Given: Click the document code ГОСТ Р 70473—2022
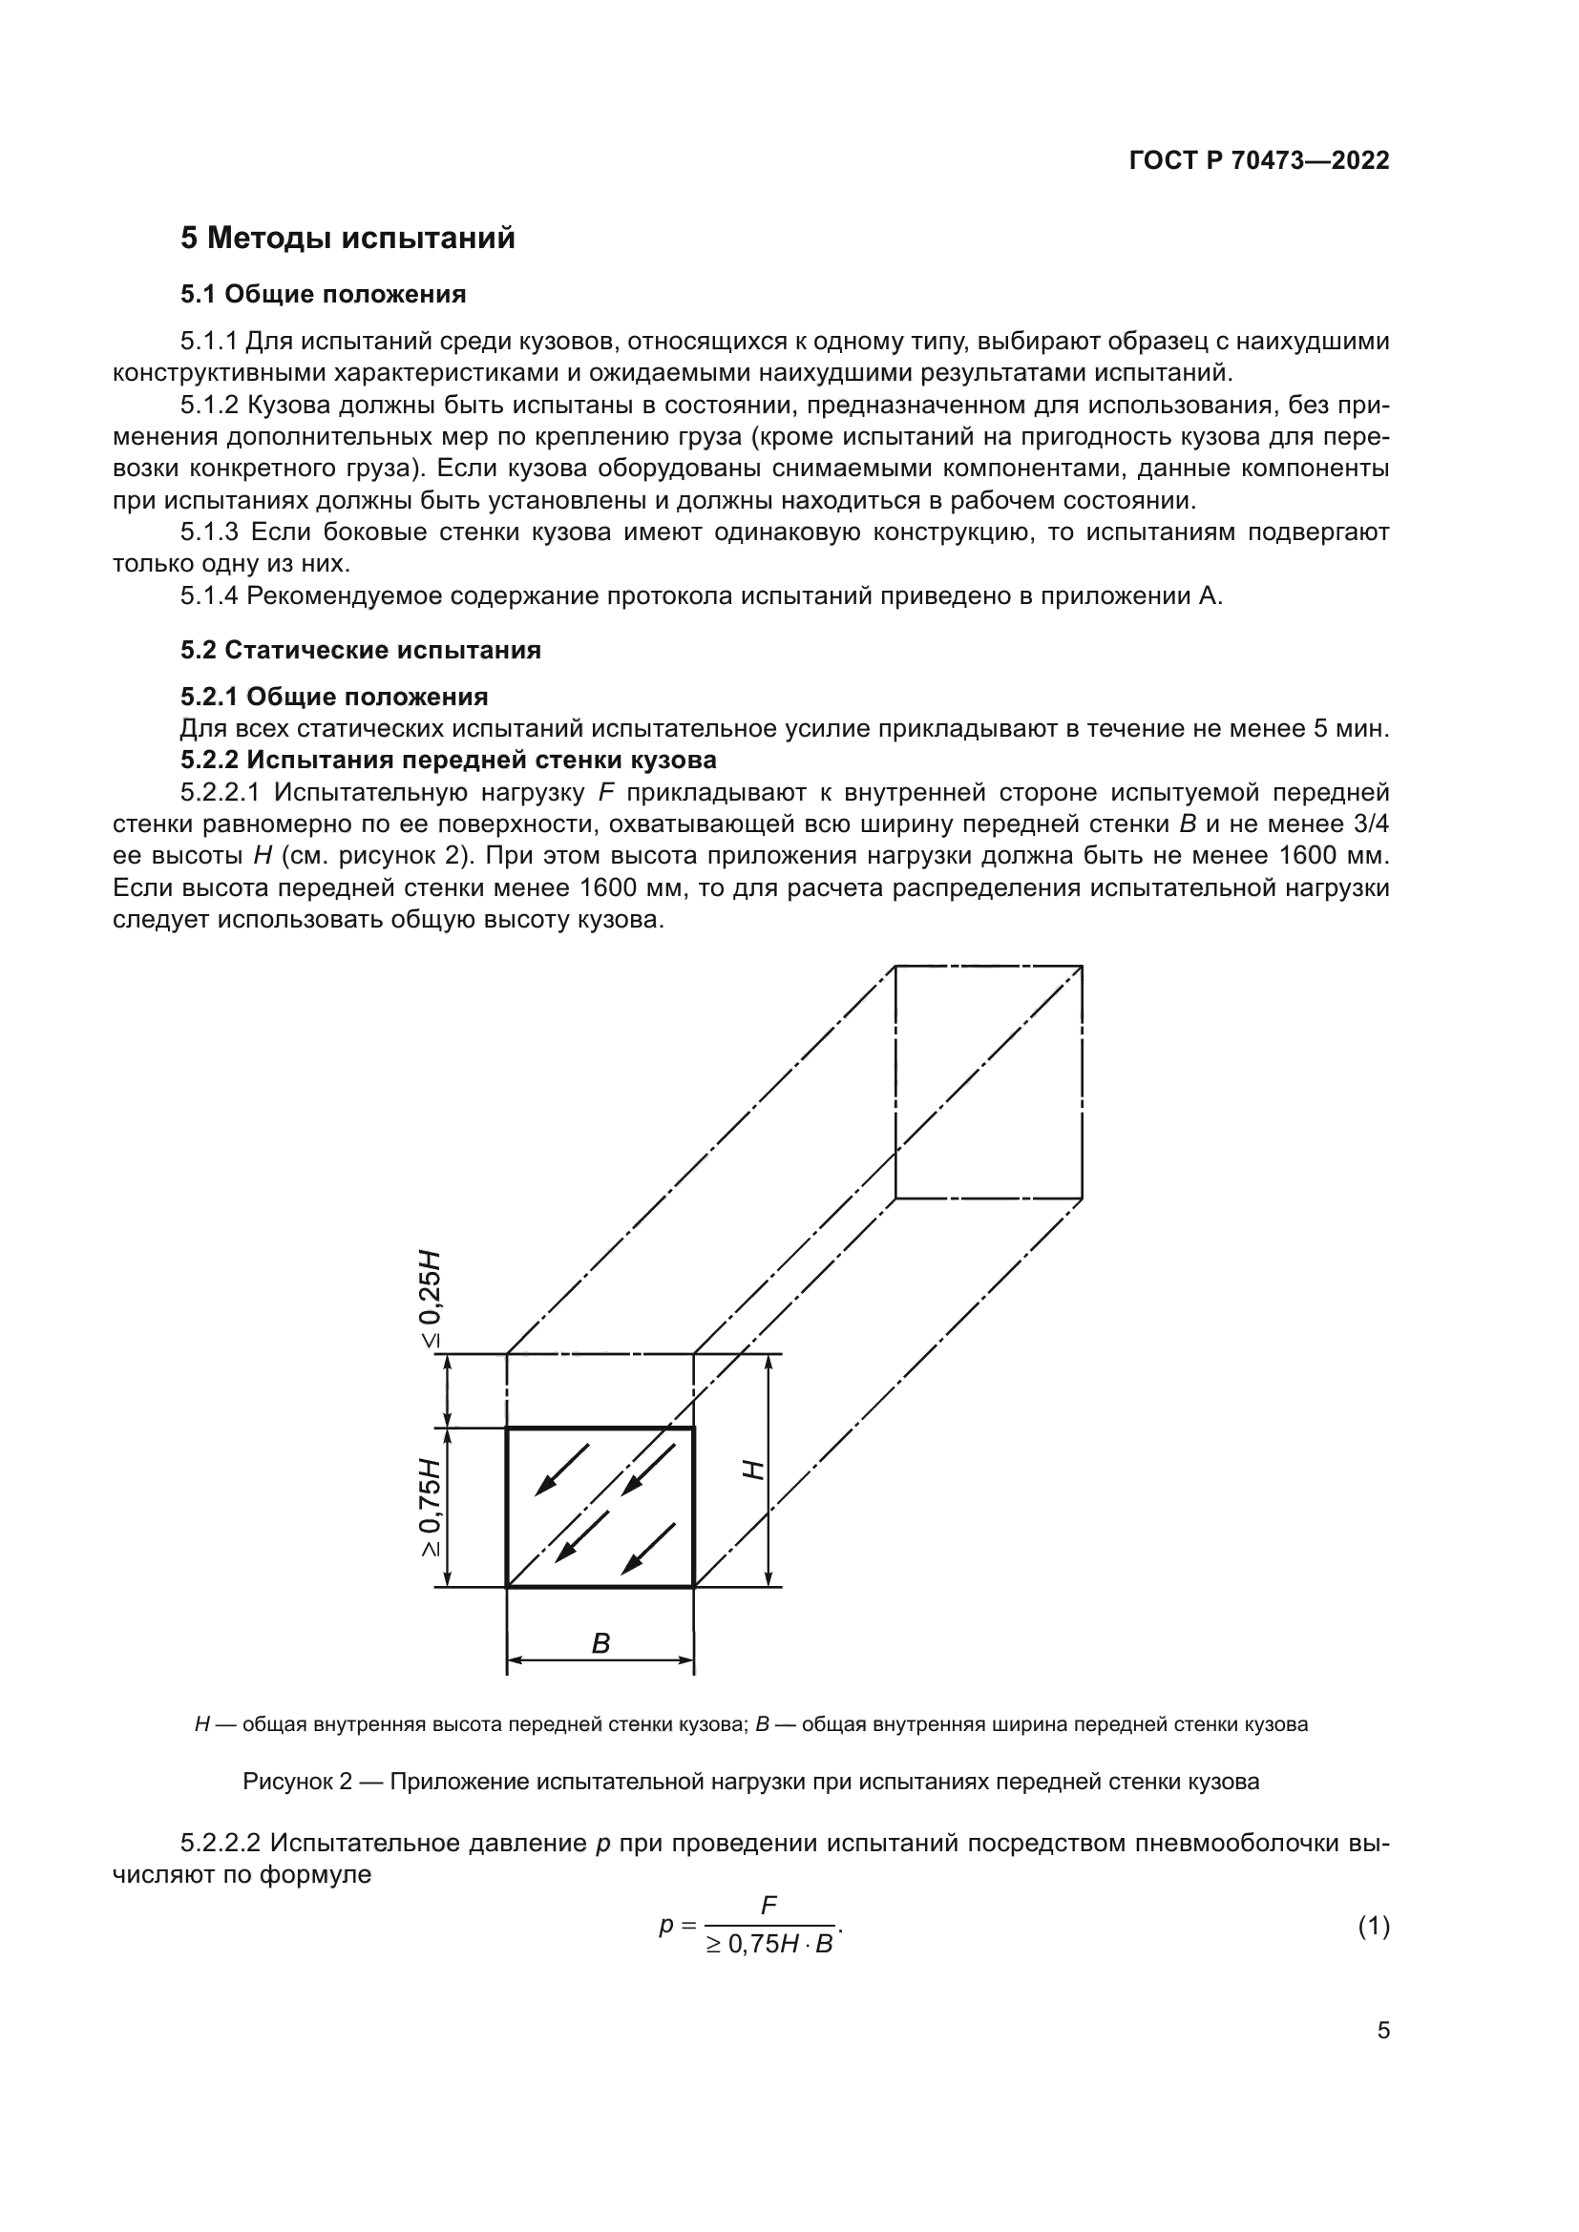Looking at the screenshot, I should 1259,161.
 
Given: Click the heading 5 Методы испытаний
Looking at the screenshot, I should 347,239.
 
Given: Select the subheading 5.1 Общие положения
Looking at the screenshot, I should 323,294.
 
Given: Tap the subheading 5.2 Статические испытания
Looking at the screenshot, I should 360,651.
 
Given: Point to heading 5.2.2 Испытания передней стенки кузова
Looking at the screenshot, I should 449,760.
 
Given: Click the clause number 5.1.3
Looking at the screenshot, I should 209,532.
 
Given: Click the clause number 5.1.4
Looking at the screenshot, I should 209,595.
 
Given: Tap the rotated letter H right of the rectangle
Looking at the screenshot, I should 753,1470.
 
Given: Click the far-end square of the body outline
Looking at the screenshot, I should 988,1081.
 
